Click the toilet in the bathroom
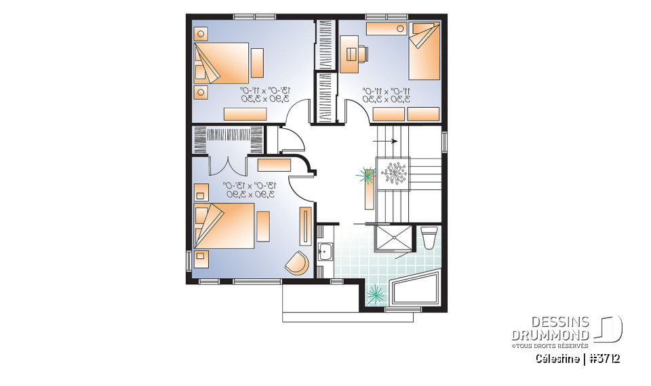(x=429, y=238)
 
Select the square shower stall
(x=393, y=239)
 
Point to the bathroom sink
(x=323, y=251)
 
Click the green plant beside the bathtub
(x=375, y=294)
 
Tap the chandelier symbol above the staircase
(x=394, y=174)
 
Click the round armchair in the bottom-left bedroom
(x=296, y=262)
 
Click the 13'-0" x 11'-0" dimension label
(x=265, y=94)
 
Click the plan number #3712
(x=604, y=358)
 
